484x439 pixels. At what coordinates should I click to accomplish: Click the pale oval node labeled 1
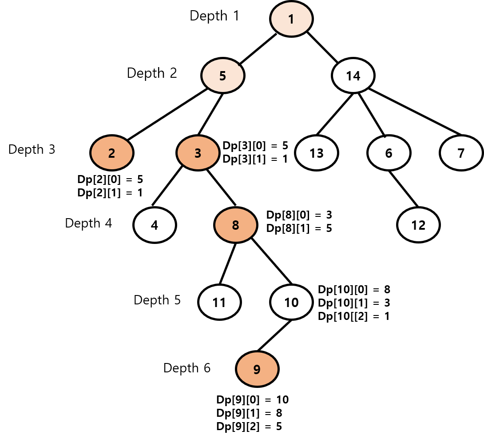pos(291,19)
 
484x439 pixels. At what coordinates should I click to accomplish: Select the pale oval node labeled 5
pos(223,76)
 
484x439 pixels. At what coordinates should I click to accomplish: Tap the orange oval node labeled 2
pos(112,153)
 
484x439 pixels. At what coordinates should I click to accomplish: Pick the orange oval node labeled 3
pos(198,153)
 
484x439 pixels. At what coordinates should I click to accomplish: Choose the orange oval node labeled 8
pos(236,225)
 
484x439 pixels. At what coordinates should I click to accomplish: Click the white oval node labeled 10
pos(291,302)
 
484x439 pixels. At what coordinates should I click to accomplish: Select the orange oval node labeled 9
pos(257,369)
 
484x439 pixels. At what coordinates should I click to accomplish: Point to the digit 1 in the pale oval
pos(291,19)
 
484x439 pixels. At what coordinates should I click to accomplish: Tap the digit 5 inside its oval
pos(223,76)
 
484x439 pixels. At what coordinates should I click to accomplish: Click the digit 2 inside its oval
pos(112,153)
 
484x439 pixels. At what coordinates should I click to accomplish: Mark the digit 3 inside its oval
pos(198,153)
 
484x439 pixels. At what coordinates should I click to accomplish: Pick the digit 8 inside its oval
pos(236,226)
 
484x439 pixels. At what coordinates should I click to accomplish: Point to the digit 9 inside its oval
pos(257,369)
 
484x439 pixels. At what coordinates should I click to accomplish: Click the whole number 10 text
pos(291,303)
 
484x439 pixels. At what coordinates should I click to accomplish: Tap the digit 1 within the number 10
pos(287,303)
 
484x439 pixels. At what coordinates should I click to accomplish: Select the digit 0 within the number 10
pos(294,303)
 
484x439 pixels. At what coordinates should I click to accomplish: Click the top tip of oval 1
pos(291,3)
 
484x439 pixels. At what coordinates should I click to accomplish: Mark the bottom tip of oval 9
pos(257,385)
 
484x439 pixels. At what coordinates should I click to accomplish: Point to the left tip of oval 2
pos(92,153)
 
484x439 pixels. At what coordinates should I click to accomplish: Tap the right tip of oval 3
pos(218,153)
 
